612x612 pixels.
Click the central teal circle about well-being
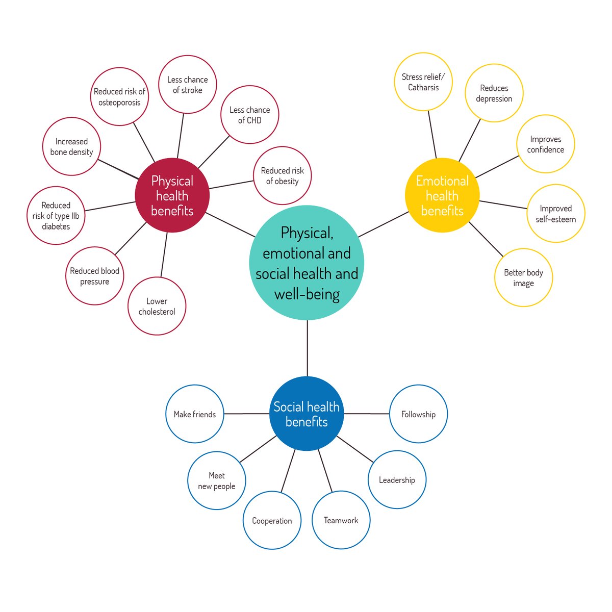tap(307, 263)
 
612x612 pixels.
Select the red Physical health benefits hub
tap(172, 195)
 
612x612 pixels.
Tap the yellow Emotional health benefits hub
tap(442, 195)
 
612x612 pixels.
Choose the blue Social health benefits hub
tap(307, 414)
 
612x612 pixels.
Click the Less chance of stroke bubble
tap(187, 85)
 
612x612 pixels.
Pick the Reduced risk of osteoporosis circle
tap(119, 96)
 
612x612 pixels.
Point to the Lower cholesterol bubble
tap(157, 306)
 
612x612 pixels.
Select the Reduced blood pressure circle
tap(95, 276)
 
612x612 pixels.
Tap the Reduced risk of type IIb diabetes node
tap(56, 216)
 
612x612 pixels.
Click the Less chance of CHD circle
tap(250, 115)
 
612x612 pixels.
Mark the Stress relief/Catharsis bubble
tap(423, 82)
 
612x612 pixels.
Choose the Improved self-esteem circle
tap(555, 213)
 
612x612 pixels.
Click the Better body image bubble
tap(523, 277)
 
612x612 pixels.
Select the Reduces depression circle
tap(494, 93)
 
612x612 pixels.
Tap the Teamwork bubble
tap(341, 520)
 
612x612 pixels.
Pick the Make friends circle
tap(195, 414)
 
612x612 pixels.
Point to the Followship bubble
tap(418, 414)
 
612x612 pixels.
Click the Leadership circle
tap(397, 479)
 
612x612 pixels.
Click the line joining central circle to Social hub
tap(308, 348)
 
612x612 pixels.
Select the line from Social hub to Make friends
tap(246, 414)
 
